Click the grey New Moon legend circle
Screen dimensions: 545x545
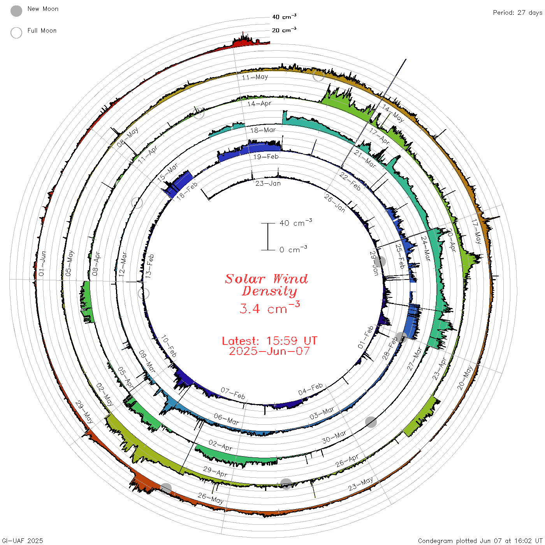tap(16, 11)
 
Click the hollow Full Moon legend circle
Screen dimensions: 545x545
tap(16, 33)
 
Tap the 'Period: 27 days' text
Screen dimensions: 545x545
tap(518, 13)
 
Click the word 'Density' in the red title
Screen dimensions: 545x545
tap(269, 291)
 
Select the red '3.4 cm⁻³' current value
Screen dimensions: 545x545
tap(269, 308)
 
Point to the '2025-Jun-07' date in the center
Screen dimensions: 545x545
tap(269, 351)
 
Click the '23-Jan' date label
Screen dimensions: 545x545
tap(268, 184)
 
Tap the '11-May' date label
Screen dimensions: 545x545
tap(255, 77)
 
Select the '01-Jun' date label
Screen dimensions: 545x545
tap(42, 264)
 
